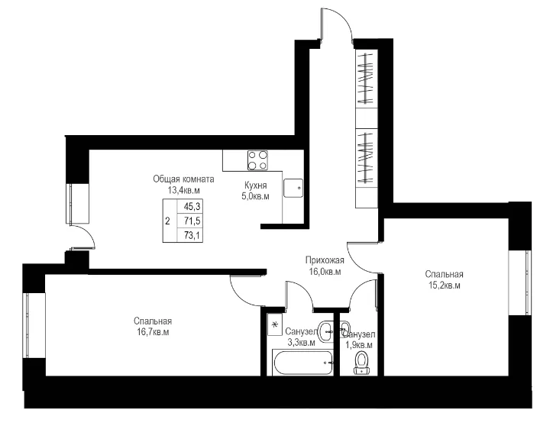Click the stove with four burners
(x=257, y=160)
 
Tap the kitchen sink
(x=293, y=189)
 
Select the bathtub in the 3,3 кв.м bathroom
(x=302, y=363)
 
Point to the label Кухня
(x=255, y=185)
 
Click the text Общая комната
(x=183, y=179)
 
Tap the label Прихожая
(x=325, y=260)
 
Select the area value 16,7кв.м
(x=153, y=332)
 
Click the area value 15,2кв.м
(x=444, y=285)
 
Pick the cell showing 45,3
(x=192, y=206)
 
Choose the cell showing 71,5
(x=192, y=221)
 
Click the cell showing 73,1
(x=192, y=235)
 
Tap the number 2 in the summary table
(x=167, y=221)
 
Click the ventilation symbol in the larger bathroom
(x=273, y=324)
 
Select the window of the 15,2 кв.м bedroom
(x=520, y=282)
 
